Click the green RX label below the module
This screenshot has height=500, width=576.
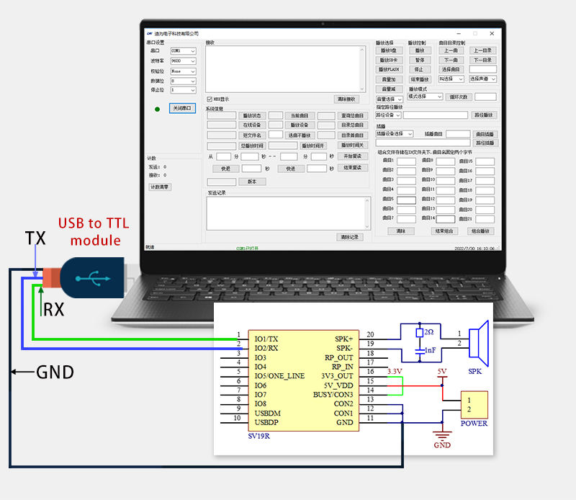click(53, 309)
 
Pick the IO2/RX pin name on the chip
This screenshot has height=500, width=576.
click(266, 348)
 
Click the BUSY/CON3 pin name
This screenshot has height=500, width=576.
click(333, 395)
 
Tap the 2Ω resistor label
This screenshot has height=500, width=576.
click(428, 333)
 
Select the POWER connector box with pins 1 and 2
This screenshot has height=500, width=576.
click(474, 405)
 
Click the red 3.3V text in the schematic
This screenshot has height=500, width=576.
click(395, 371)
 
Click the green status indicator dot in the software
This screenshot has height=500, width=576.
click(157, 109)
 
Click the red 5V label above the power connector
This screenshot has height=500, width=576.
click(442, 372)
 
